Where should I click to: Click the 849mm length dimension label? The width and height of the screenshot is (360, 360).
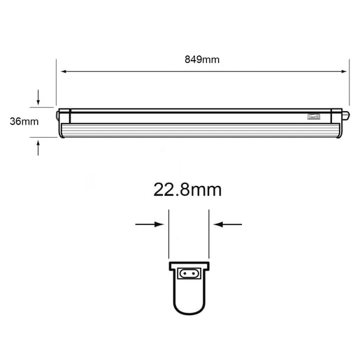click(x=202, y=59)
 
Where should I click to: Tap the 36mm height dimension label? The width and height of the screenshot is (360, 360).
click(x=24, y=122)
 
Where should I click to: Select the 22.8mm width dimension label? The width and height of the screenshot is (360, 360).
click(x=187, y=189)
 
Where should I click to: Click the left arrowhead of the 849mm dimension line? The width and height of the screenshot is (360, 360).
click(x=64, y=71)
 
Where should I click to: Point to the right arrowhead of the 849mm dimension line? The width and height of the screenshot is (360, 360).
click(x=344, y=71)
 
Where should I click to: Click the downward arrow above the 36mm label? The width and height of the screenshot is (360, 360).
click(x=38, y=97)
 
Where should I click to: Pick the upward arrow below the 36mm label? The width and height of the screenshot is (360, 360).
click(x=38, y=147)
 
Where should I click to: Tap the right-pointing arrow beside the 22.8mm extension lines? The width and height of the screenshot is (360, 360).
click(x=150, y=224)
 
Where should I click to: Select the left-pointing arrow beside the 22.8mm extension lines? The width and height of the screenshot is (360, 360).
click(x=228, y=224)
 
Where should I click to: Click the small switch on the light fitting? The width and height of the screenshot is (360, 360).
click(x=314, y=116)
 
